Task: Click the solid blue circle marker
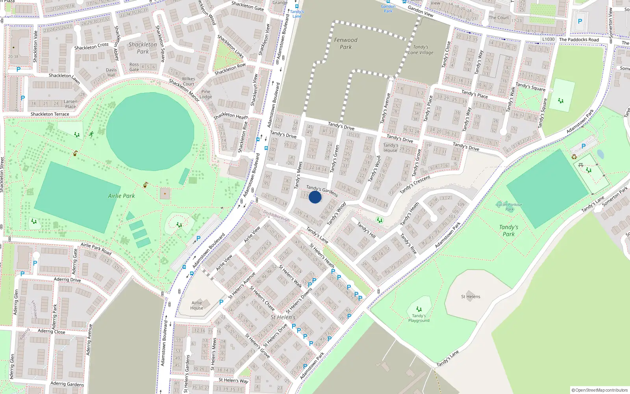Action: [x=315, y=197]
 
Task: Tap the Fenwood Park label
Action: [x=346, y=43]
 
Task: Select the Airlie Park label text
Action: [x=121, y=196]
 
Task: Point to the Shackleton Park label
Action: [x=143, y=48]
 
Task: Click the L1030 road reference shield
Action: [x=548, y=39]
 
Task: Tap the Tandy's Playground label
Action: [x=419, y=318]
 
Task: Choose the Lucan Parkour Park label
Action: [x=509, y=207]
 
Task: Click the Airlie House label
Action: [x=197, y=305]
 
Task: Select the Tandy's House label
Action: [x=391, y=148]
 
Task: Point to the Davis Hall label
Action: [x=111, y=72]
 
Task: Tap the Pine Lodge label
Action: [x=206, y=94]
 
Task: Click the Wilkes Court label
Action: [x=188, y=82]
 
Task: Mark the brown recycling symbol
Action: [x=574, y=157]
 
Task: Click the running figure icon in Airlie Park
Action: [x=91, y=134]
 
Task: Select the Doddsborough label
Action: [x=276, y=216]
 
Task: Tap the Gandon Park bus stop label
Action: [x=388, y=9]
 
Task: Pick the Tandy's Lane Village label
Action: [x=421, y=50]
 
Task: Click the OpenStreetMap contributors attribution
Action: [x=600, y=390]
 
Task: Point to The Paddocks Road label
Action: [x=579, y=39]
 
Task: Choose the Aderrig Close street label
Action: [x=52, y=331]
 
